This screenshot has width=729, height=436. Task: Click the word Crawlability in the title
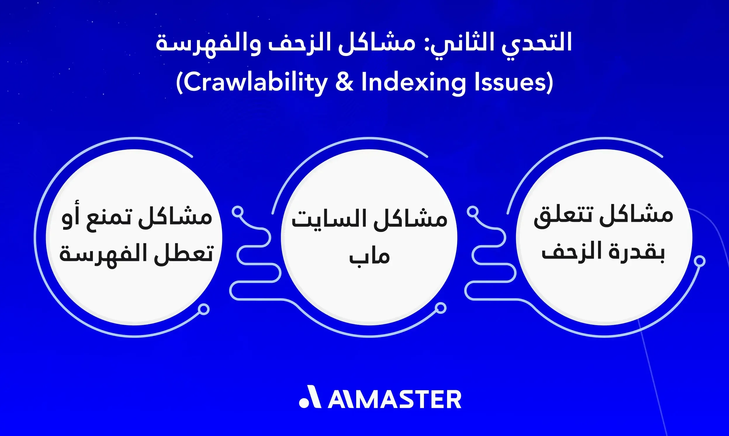(255, 83)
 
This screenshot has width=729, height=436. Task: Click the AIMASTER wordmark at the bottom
(394, 400)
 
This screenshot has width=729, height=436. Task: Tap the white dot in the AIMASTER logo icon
(304, 403)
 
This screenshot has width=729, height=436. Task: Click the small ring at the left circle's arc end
(203, 309)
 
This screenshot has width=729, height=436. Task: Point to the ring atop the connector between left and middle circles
(238, 212)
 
